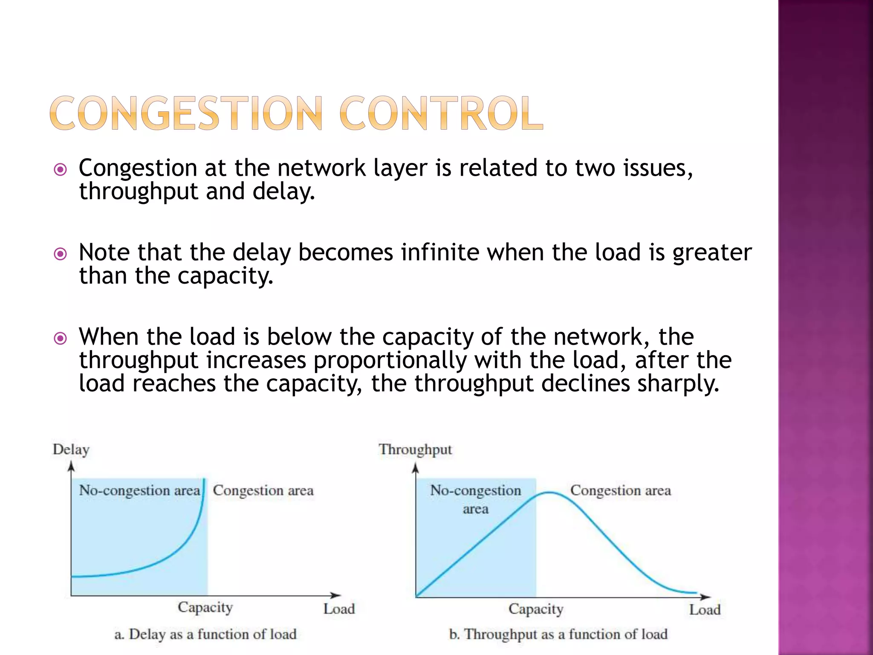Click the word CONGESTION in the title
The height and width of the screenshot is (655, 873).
click(186, 113)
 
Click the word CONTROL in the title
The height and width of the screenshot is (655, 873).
click(441, 113)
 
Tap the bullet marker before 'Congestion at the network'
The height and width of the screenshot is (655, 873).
click(61, 170)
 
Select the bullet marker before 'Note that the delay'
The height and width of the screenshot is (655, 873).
click(61, 255)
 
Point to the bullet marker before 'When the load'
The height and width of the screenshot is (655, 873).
click(61, 339)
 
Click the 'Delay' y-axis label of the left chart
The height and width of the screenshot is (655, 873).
click(71, 450)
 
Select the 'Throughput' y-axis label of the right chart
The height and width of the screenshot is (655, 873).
click(415, 450)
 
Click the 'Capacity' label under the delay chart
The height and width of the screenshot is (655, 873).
click(205, 607)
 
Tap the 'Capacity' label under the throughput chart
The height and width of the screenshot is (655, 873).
click(536, 609)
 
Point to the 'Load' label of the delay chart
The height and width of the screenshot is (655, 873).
click(339, 609)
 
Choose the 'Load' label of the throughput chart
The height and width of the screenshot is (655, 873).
click(705, 610)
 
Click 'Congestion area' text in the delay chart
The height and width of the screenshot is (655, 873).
click(263, 490)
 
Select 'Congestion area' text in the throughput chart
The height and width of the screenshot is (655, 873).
click(620, 490)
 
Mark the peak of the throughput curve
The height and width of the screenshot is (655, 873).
click(550, 493)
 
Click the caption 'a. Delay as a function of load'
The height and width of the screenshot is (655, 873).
click(205, 634)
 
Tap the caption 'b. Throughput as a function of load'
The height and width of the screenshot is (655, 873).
click(558, 634)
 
